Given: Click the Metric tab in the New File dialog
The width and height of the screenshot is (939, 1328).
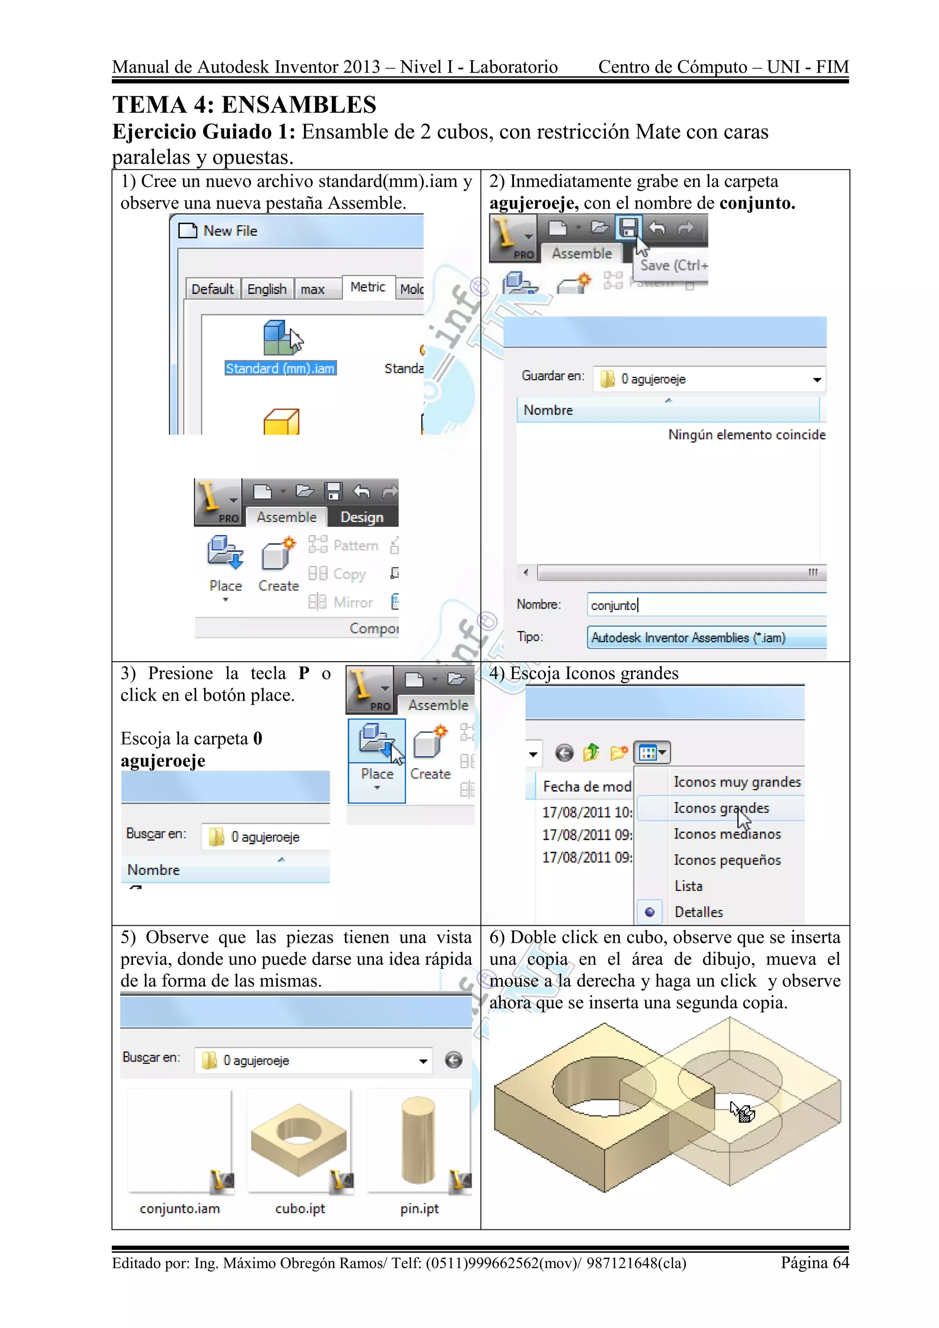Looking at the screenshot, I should click(x=368, y=287).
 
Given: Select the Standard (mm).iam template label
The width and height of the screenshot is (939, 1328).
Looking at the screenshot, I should click(x=281, y=368).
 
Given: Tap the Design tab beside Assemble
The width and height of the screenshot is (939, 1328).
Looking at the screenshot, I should click(x=362, y=517).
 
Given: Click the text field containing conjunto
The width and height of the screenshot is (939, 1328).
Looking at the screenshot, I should click(x=706, y=605).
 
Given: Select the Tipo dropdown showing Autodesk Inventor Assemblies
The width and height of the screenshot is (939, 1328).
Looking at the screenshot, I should click(x=706, y=637).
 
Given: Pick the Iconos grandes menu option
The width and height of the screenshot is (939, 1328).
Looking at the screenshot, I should click(x=721, y=808).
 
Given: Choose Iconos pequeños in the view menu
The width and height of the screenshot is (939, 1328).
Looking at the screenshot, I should click(x=727, y=860).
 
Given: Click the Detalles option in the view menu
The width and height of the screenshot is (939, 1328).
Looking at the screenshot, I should click(x=698, y=912).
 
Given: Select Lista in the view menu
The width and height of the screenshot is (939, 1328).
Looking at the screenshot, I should click(x=688, y=886).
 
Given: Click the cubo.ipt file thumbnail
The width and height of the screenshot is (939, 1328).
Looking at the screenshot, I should click(x=299, y=1140).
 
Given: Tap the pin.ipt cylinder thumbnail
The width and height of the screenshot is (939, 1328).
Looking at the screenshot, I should click(x=419, y=1140).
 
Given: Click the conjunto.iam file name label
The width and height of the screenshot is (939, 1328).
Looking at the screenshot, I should click(x=180, y=1208).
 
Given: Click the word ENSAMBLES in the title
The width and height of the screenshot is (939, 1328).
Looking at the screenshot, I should click(x=298, y=105).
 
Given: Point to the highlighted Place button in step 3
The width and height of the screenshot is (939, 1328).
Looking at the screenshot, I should click(x=377, y=760).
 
